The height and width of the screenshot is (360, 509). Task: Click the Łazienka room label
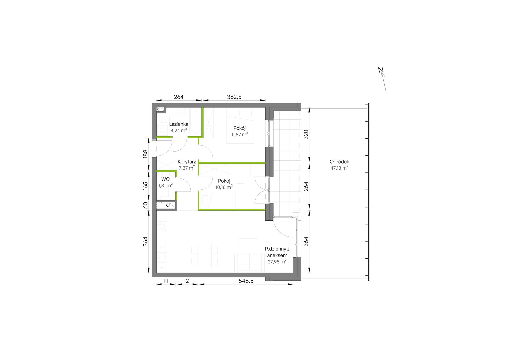click(x=179, y=124)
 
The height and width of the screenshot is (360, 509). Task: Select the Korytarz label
click(x=187, y=162)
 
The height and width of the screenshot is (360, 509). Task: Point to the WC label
click(x=165, y=179)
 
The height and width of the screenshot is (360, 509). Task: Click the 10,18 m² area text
click(x=224, y=187)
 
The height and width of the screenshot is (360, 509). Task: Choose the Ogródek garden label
click(x=339, y=162)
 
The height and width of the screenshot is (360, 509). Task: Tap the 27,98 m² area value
click(x=277, y=262)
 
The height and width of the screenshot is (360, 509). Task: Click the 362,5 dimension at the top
click(x=234, y=97)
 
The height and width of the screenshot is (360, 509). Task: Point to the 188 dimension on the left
click(x=145, y=154)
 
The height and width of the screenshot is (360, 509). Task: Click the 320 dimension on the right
click(x=306, y=134)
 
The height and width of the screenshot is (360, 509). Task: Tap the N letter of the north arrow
click(x=381, y=69)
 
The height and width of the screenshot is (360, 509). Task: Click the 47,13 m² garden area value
click(x=339, y=168)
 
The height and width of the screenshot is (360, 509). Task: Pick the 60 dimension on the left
click(x=145, y=205)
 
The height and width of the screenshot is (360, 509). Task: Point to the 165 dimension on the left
click(x=145, y=185)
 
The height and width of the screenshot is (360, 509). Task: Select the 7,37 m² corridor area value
click(x=187, y=168)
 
